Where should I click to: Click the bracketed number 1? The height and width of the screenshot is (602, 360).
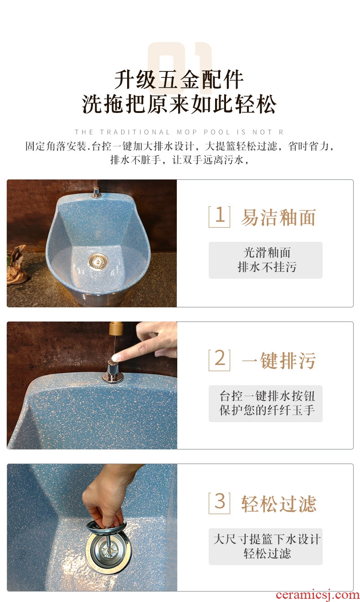[x=219, y=217]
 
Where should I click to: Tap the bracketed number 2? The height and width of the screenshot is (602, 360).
[x=219, y=360]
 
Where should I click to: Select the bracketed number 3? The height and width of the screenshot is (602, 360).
[x=219, y=503]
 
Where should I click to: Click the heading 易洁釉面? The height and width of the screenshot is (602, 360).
[x=278, y=217]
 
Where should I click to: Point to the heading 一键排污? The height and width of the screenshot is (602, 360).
[x=278, y=361]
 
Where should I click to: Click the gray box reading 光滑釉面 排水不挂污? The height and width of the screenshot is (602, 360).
[x=265, y=260]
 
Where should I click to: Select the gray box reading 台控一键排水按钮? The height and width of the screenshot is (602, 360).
[x=265, y=403]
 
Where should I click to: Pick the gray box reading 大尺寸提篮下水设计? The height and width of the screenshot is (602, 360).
[x=265, y=546]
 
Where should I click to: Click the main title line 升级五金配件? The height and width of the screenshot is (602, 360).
[x=179, y=80]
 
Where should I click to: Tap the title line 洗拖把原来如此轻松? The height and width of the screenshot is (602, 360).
[x=179, y=104]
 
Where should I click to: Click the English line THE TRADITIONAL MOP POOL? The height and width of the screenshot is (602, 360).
[x=179, y=132]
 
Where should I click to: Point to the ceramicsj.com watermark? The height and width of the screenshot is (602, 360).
[x=317, y=595]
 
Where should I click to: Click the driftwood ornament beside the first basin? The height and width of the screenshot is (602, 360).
[x=17, y=265]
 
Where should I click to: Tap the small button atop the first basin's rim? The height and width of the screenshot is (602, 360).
[x=96, y=192]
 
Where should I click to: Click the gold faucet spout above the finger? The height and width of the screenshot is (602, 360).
[x=116, y=329]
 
